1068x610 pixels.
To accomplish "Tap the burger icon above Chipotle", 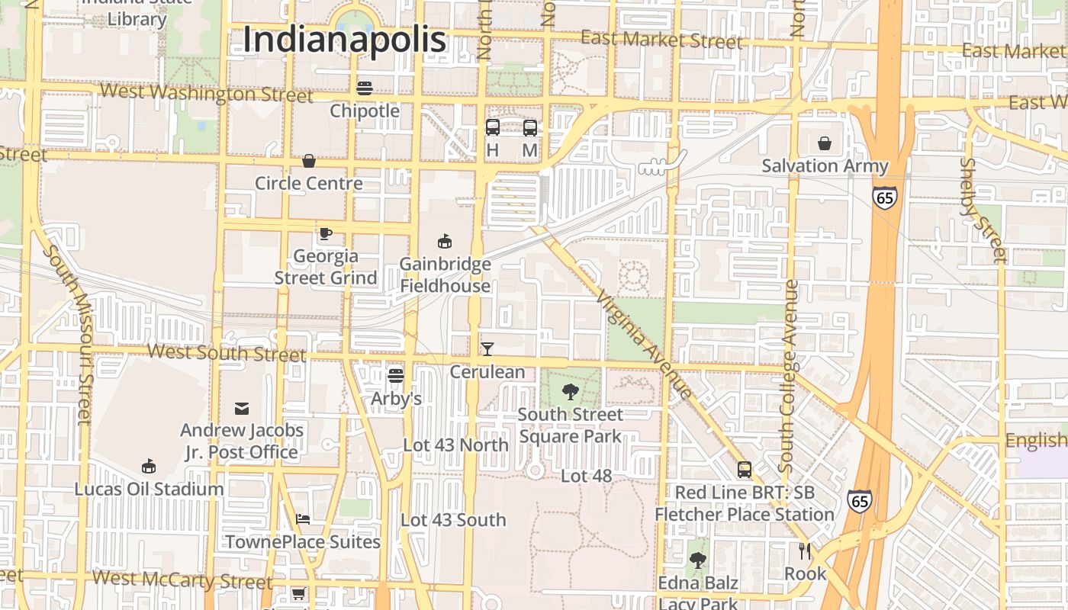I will click(x=365, y=88).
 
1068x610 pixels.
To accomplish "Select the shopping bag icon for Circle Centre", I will click(x=309, y=161).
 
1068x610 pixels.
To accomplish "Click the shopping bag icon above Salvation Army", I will click(x=825, y=143).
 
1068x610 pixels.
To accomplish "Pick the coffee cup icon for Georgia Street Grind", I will click(x=326, y=233).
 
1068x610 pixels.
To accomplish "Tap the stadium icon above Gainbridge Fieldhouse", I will click(x=445, y=242).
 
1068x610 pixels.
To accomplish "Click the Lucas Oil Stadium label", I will click(x=149, y=489).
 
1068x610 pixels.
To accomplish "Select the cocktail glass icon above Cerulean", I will click(x=487, y=349).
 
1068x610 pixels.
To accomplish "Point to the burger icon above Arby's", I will click(x=395, y=375).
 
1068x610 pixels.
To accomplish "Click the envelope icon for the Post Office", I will click(x=242, y=409).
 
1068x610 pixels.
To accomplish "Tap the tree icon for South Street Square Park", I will click(x=570, y=392).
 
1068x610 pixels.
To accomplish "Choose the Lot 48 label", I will click(x=586, y=476).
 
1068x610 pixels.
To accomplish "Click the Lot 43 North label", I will click(x=455, y=445).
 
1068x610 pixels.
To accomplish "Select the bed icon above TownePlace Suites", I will click(x=303, y=519).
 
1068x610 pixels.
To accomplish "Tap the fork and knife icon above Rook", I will click(x=805, y=551).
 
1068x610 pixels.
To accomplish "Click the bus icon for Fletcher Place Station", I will click(x=745, y=470).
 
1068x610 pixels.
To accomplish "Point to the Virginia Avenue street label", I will click(x=645, y=345).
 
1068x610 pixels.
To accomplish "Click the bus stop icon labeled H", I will click(x=493, y=128).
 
